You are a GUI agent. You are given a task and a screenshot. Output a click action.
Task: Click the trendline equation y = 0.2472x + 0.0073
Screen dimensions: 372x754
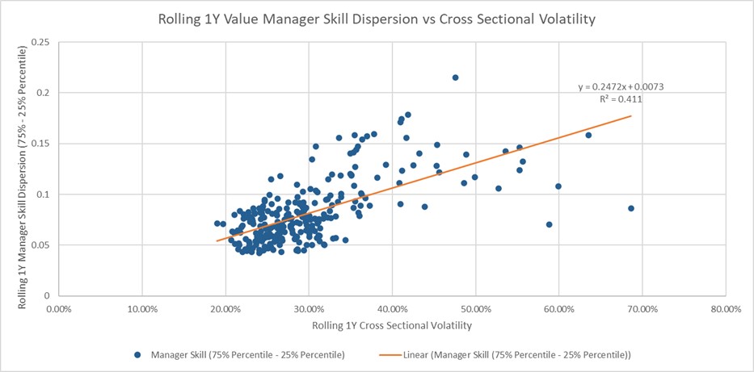pos(621,86)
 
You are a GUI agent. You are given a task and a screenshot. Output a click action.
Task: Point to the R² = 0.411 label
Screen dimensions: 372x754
pos(621,98)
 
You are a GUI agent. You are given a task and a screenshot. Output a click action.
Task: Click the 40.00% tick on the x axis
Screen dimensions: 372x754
pos(392,309)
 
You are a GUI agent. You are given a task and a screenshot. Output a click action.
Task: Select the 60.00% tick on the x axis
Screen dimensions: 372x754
pos(558,309)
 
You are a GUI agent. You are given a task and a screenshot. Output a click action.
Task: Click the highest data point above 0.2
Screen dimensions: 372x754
pos(455,77)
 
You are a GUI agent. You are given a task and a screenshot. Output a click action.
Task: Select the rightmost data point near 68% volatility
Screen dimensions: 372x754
pos(631,208)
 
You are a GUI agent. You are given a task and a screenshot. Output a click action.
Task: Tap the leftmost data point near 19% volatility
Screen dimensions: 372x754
pos(217,224)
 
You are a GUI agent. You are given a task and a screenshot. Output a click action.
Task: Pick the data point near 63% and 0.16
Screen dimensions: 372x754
pos(588,135)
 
